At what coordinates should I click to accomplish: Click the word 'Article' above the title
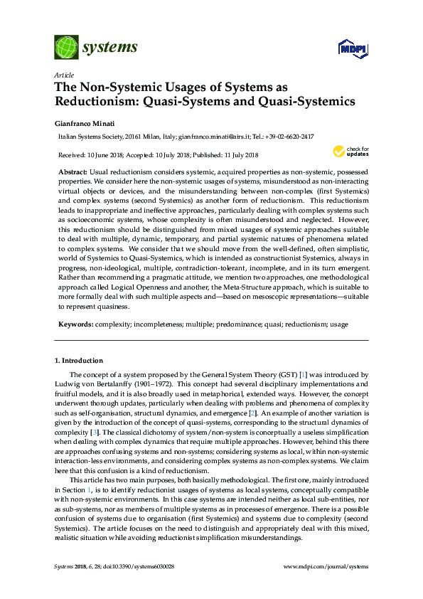[63, 75]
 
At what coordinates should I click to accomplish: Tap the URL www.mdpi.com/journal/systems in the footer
[326, 566]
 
